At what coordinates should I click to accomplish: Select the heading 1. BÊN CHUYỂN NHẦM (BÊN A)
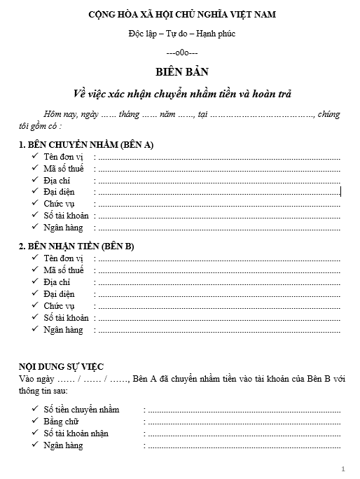(86, 144)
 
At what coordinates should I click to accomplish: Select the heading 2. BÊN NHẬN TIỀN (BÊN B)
(77, 247)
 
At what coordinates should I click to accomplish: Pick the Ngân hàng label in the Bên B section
(63, 329)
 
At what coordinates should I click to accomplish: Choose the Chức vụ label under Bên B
(60, 305)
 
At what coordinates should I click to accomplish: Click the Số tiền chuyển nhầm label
(81, 409)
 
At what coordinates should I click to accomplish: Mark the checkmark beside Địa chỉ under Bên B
(34, 282)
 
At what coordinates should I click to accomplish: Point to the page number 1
(343, 468)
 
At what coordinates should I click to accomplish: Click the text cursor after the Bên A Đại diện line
(340, 191)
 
